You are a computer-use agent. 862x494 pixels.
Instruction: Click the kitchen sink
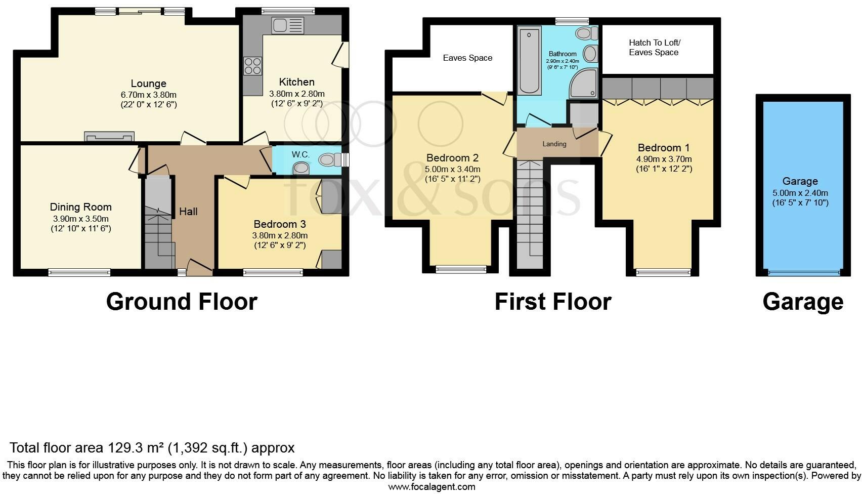coord(287,25)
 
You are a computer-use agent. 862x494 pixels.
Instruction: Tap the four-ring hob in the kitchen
coord(252,66)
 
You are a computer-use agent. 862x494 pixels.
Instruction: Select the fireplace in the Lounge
coord(109,136)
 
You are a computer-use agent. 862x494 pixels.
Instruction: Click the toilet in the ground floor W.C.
coord(330,159)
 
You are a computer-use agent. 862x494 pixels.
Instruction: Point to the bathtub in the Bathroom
coord(529,60)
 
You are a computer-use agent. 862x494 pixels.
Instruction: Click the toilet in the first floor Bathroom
coord(586,33)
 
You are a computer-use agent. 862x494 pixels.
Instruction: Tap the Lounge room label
coord(149,84)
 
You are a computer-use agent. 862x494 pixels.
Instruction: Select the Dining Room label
coord(81,207)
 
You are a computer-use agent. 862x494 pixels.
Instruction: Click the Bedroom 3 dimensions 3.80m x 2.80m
coord(280,235)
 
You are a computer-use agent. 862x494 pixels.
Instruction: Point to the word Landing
coord(554,144)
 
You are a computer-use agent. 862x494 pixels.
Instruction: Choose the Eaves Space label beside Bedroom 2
coord(467,58)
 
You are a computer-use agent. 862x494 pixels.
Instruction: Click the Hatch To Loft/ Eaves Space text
coord(654,48)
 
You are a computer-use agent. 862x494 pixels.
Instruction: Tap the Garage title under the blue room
coord(803,302)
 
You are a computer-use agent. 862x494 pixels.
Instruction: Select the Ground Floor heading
coord(182,302)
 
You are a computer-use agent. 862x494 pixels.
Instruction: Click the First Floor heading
coord(553,302)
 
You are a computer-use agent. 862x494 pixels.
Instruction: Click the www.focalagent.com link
coord(432,487)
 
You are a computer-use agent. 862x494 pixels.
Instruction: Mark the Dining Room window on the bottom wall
coord(79,273)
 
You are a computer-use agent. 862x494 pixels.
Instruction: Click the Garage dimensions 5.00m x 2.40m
coord(800,193)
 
